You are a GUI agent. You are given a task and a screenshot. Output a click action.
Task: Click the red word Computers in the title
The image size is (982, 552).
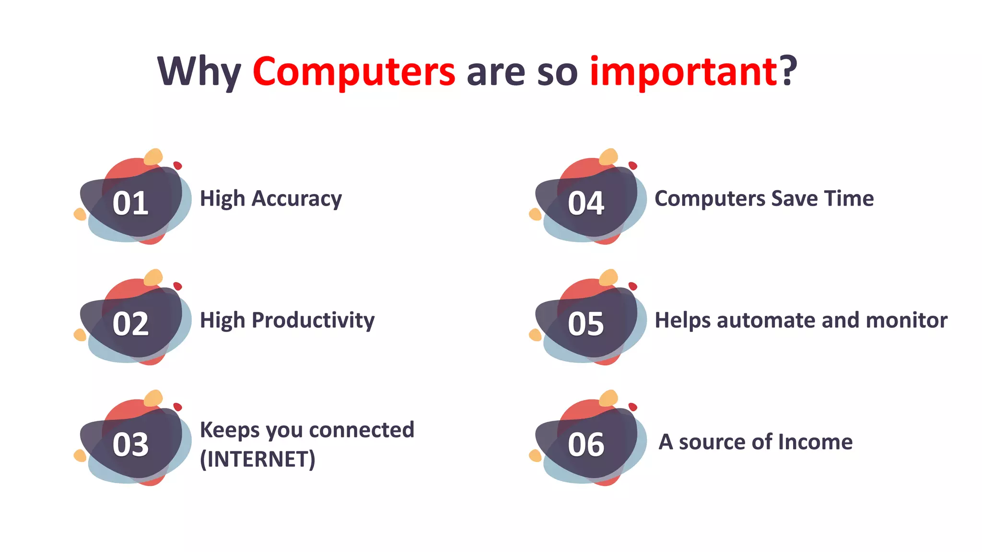coord(353,72)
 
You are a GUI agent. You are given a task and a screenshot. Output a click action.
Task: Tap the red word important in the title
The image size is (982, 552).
coord(683,72)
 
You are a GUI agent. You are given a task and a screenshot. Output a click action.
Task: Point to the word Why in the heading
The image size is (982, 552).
coord(199,72)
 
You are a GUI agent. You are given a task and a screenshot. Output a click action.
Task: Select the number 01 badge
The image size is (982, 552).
coord(130,203)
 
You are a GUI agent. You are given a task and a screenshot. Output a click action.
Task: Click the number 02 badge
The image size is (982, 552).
coord(130,324)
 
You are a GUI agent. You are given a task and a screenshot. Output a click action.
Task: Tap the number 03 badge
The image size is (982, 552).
coord(130,445)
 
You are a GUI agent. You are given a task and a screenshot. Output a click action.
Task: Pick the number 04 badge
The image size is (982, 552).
coord(585,203)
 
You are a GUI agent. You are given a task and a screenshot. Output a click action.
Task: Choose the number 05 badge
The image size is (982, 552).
coord(585,324)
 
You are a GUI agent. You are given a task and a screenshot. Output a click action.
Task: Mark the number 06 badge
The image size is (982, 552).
coord(585,445)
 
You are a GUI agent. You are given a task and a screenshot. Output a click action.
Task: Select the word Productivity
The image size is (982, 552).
coord(313,320)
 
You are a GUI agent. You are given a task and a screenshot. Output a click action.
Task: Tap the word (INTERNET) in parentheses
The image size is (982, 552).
coord(257,459)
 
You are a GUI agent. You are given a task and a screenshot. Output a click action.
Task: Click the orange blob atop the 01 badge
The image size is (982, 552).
coord(153,157)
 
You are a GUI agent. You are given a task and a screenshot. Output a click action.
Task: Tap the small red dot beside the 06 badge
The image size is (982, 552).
coord(632,407)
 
